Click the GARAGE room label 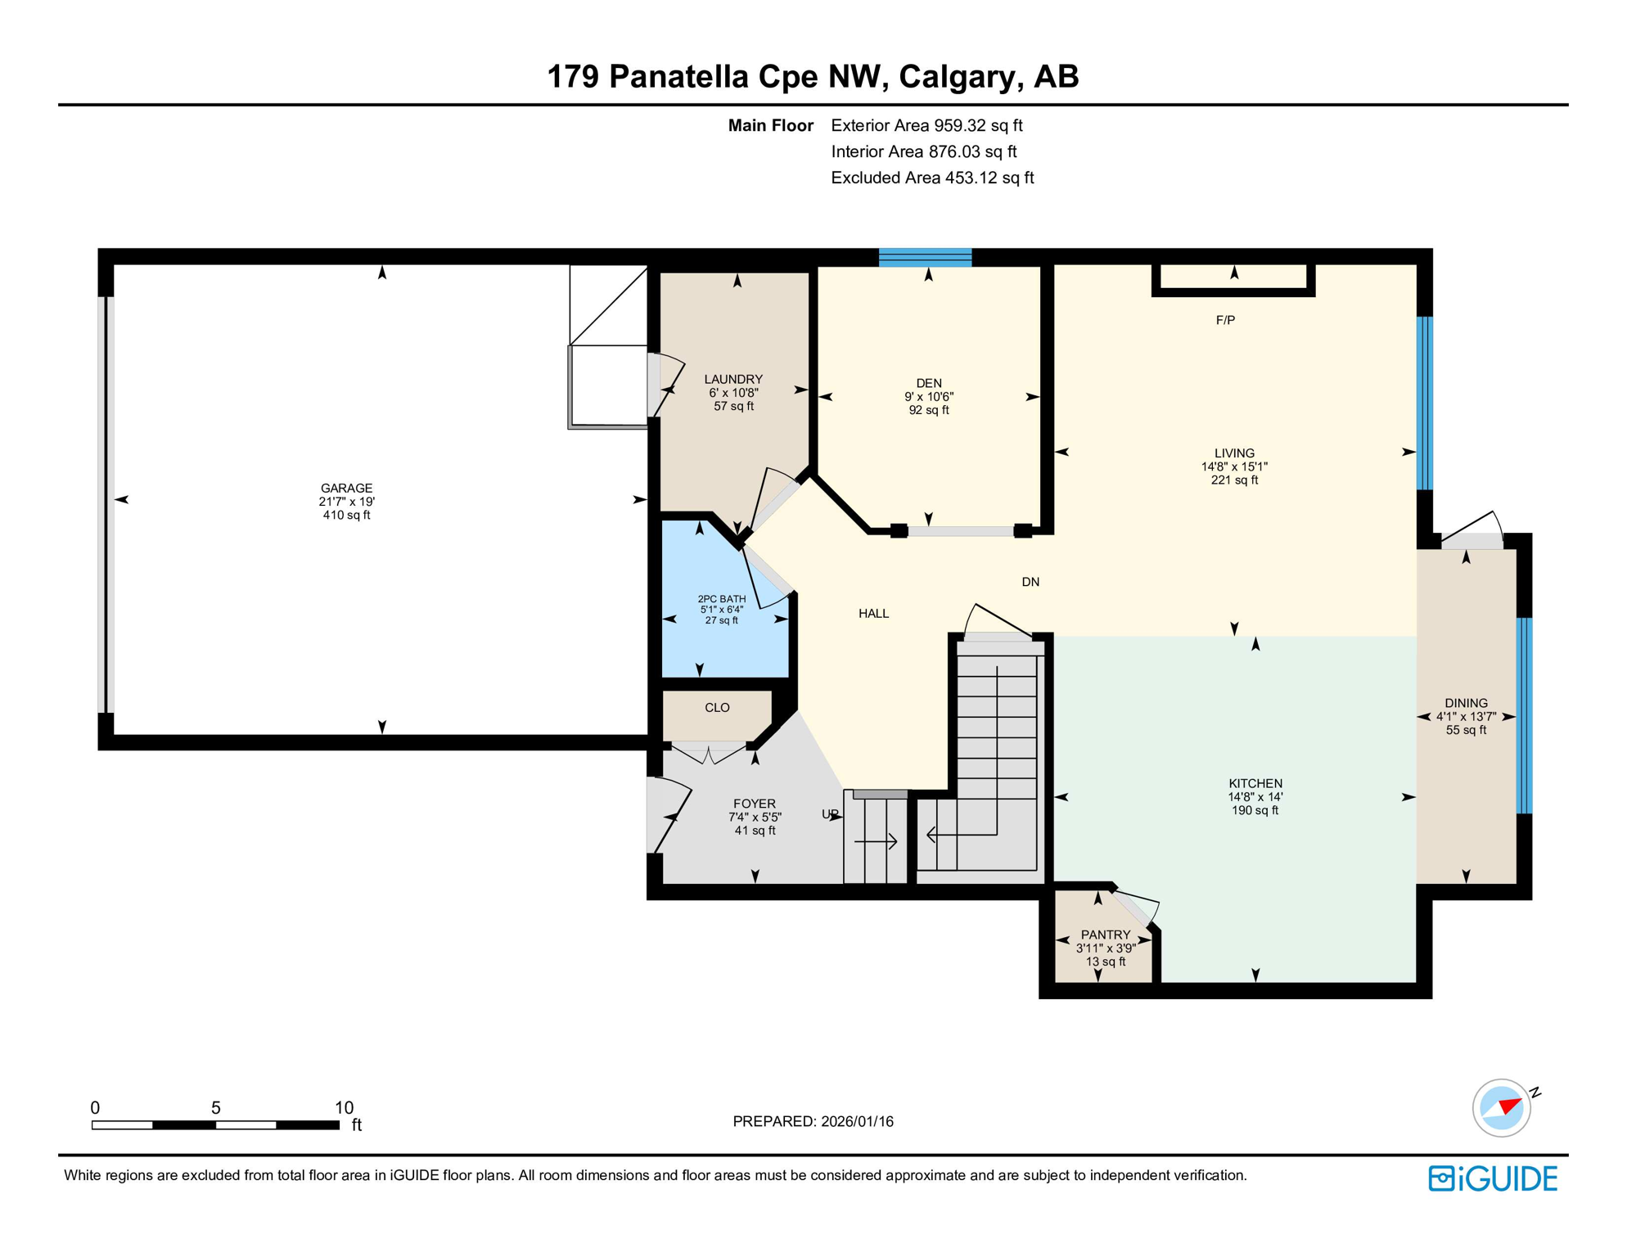[346, 488]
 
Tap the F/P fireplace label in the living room [1225, 320]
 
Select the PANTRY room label [1106, 935]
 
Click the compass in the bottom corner [1502, 1108]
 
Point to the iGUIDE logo [1493, 1178]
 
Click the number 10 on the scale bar [344, 1107]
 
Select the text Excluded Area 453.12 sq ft [932, 178]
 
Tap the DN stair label [1030, 582]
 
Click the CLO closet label [717, 708]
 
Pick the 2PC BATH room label [722, 599]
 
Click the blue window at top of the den [926, 258]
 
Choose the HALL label [873, 614]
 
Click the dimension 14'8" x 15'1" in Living [1234, 466]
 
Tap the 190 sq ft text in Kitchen [1255, 810]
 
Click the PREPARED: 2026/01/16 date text [813, 1121]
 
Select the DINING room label [1466, 703]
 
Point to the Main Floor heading [770, 125]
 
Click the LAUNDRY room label [733, 379]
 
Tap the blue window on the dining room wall [1524, 716]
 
